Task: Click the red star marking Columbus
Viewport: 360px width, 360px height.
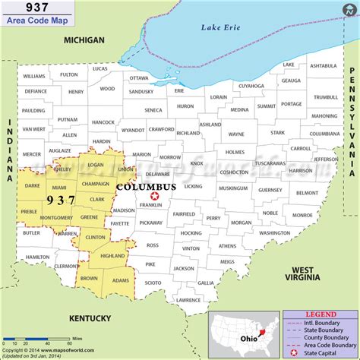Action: [155, 196]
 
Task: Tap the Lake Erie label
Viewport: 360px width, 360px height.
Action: [219, 28]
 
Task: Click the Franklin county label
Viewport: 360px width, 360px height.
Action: [151, 205]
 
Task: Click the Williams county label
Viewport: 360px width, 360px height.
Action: [34, 76]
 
